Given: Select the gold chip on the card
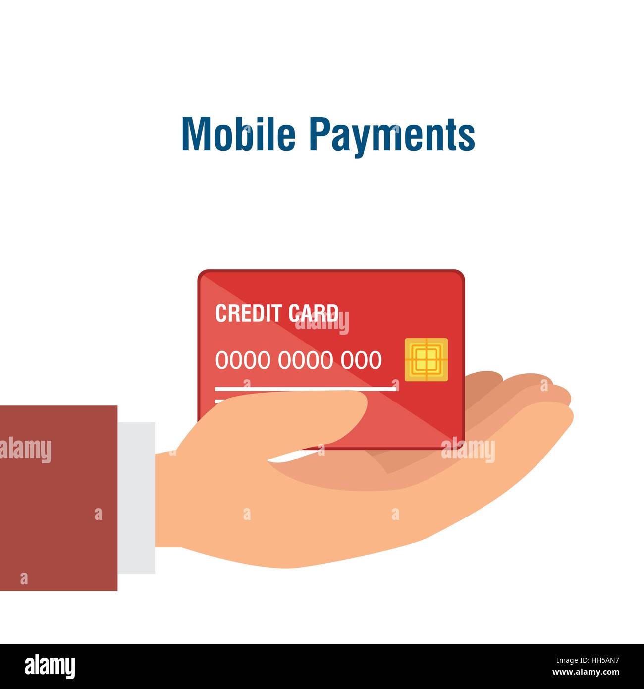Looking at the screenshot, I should tap(426, 359).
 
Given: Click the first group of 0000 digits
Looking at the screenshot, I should tap(243, 360).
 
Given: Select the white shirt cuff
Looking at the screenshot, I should tap(136, 498).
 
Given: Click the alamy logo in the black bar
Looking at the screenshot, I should tap(50, 666).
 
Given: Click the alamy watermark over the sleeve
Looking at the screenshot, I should tap(25, 451).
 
